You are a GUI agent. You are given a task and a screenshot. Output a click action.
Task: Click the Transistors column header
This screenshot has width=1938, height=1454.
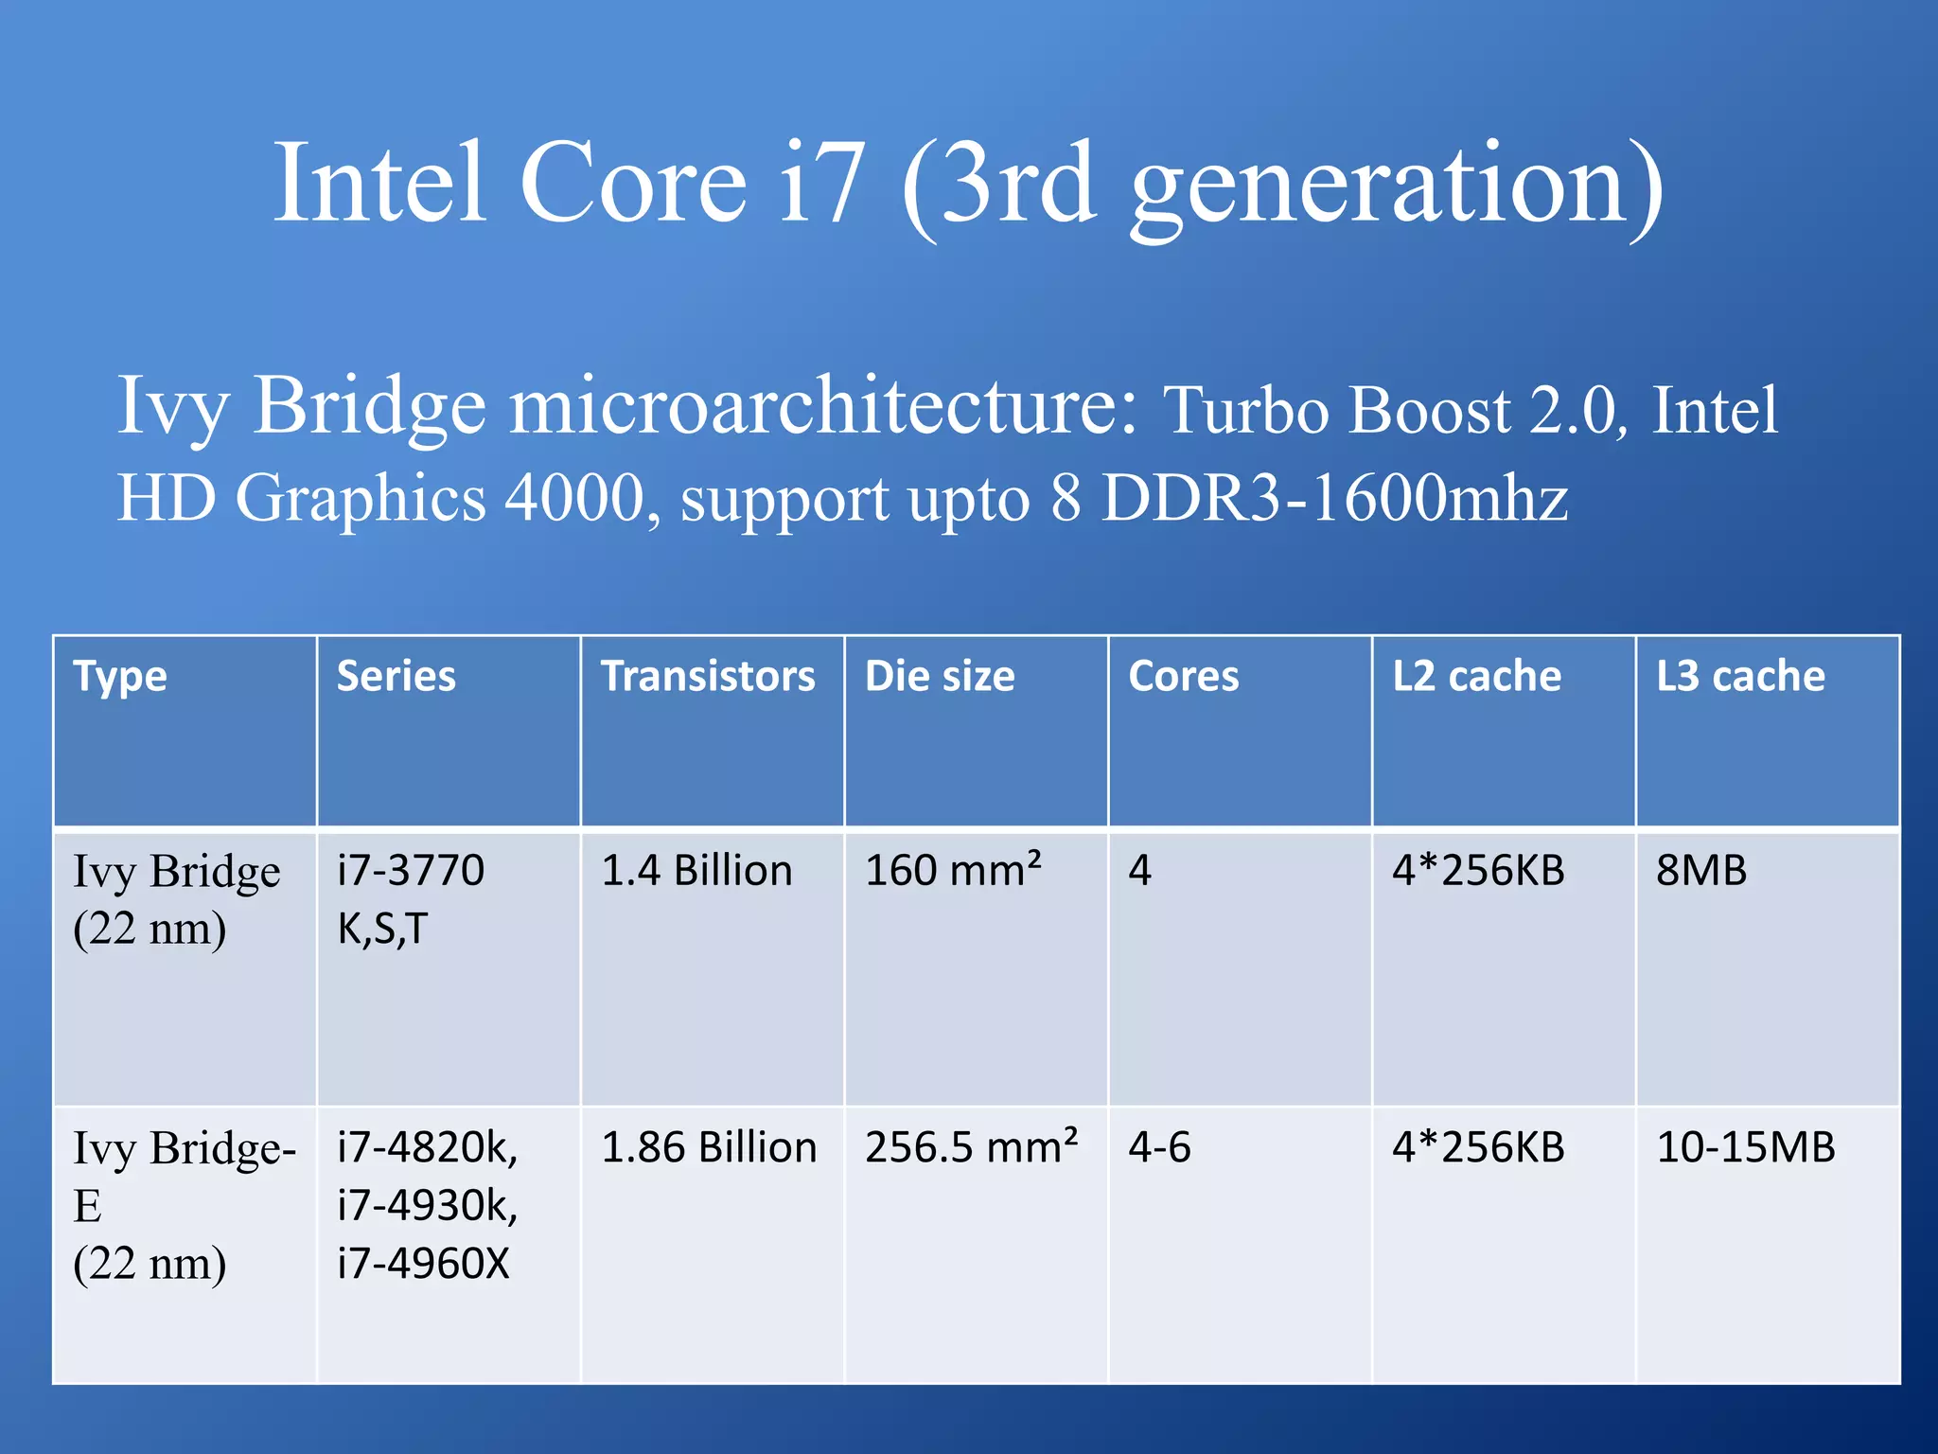tap(708, 677)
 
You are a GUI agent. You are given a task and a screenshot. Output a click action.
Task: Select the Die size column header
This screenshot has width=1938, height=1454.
tap(940, 677)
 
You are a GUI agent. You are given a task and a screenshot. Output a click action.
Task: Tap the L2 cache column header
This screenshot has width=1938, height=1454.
tap(1476, 677)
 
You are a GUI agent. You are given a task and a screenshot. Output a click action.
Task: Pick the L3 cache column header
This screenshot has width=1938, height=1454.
tap(1740, 677)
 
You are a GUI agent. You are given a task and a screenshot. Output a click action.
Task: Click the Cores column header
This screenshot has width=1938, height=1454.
tap(1183, 677)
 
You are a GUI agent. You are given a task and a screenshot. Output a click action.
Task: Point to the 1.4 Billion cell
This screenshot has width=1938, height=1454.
tap(696, 871)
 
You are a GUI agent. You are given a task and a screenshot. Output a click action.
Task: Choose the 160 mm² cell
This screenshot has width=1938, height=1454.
tap(953, 871)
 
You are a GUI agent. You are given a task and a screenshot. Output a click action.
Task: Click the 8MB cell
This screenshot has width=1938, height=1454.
tap(1700, 871)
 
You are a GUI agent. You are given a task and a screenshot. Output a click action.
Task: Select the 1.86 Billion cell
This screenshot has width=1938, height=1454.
tap(709, 1147)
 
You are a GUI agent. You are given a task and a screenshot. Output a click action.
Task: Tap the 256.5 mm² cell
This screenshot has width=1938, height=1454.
tap(971, 1147)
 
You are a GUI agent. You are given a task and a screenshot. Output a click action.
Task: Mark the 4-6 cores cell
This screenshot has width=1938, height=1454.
tap(1159, 1147)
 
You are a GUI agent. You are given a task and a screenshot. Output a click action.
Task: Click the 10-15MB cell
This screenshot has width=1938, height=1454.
tap(1745, 1147)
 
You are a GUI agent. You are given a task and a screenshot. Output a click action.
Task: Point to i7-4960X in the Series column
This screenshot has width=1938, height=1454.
tap(423, 1264)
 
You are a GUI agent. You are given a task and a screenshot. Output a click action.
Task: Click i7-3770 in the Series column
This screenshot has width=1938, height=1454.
tap(411, 871)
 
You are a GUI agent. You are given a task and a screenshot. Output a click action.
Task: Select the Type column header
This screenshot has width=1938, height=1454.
tap(120, 677)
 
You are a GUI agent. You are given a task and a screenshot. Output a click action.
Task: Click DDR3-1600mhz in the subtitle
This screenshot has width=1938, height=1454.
tap(1334, 498)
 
